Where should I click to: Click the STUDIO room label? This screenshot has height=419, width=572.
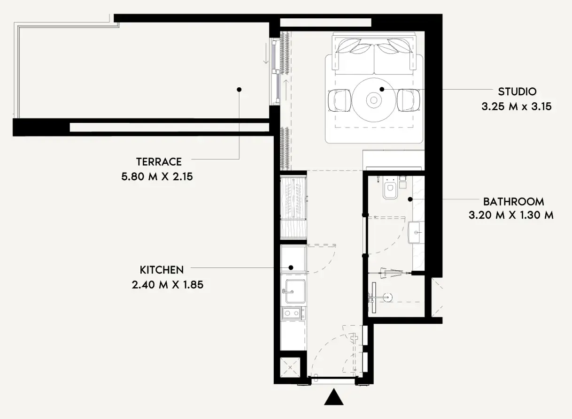pyautogui.click(x=517, y=91)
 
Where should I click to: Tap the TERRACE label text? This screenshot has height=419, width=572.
pyautogui.click(x=159, y=162)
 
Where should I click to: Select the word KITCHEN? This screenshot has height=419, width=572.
pyautogui.click(x=162, y=270)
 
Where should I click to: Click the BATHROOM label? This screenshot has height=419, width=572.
pyautogui.click(x=513, y=202)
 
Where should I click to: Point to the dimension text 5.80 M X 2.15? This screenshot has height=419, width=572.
pyautogui.click(x=157, y=176)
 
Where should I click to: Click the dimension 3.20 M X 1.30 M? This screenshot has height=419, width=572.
pyautogui.click(x=511, y=215)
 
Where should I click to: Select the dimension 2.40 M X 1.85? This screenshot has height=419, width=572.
pyautogui.click(x=168, y=285)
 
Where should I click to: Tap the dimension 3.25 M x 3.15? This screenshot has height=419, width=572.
pyautogui.click(x=517, y=107)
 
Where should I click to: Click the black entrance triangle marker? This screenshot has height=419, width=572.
pyautogui.click(x=334, y=397)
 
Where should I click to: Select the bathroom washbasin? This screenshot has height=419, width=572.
pyautogui.click(x=416, y=232)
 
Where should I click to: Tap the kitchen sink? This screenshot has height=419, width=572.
pyautogui.click(x=294, y=291)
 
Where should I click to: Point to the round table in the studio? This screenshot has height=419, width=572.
pyautogui.click(x=374, y=100)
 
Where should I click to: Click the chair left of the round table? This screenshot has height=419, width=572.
pyautogui.click(x=340, y=100)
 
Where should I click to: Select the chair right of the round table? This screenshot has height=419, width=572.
pyautogui.click(x=408, y=100)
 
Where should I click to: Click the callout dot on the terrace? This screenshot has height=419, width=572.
pyautogui.click(x=239, y=90)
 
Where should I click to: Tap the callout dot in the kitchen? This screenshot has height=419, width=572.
pyautogui.click(x=291, y=267)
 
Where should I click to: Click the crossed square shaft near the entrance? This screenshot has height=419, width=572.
pyautogui.click(x=290, y=367)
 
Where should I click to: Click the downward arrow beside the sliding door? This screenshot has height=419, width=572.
pyautogui.click(x=266, y=53)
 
